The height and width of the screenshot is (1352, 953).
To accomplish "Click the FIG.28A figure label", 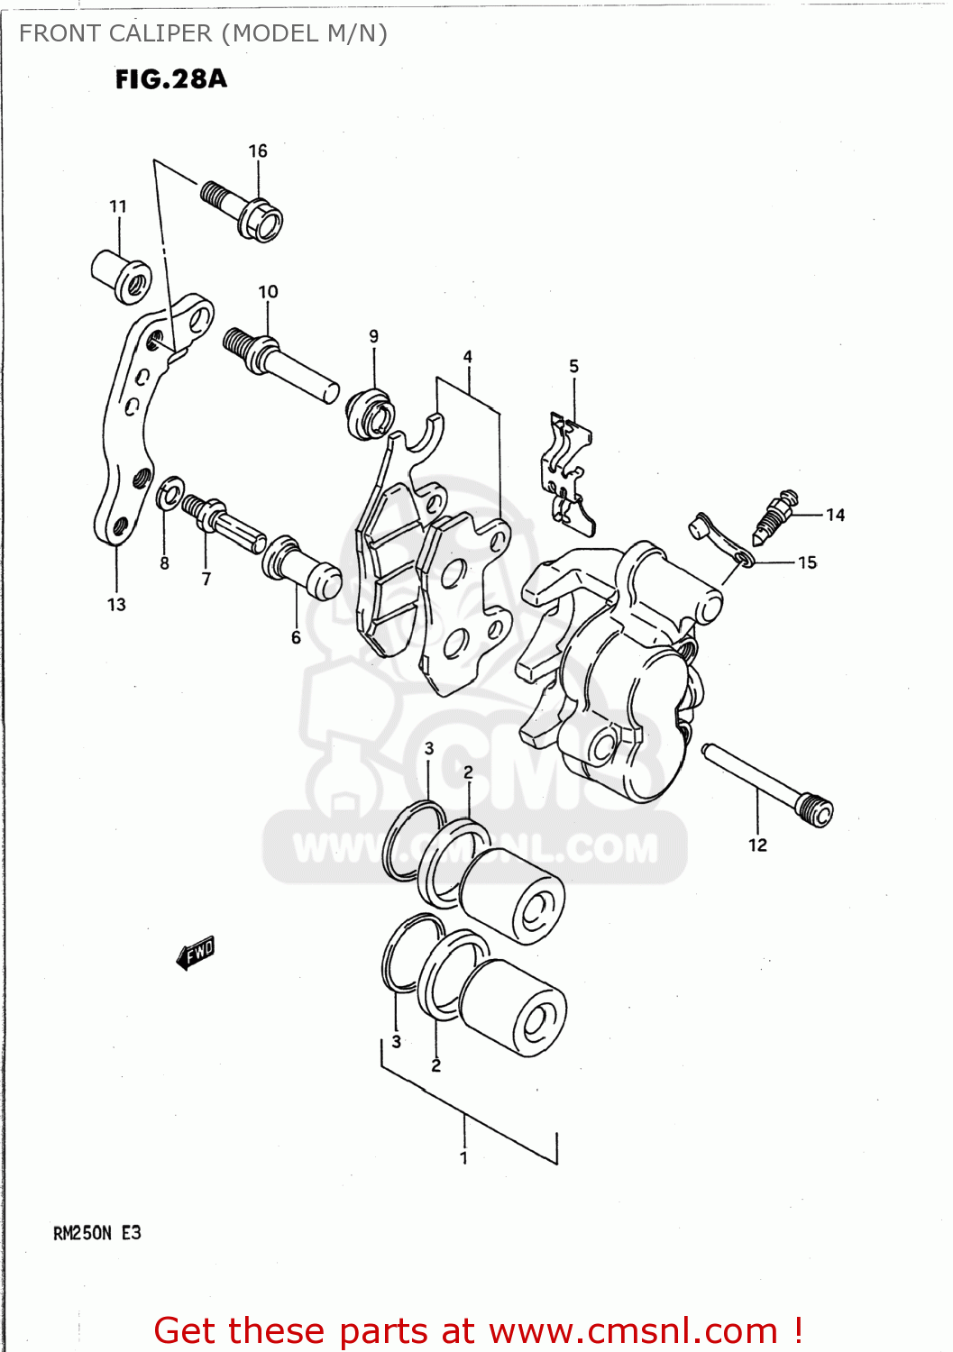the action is [171, 79].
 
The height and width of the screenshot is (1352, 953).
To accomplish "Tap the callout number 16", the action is [258, 151].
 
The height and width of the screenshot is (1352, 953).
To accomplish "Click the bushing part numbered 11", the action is [121, 274].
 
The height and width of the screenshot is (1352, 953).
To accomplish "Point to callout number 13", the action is [117, 604].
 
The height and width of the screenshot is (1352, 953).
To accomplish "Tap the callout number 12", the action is [757, 845].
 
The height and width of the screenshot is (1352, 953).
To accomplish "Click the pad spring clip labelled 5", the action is [567, 469].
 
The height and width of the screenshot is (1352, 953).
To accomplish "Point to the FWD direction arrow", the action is [196, 952].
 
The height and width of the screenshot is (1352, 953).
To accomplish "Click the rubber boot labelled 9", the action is [370, 413].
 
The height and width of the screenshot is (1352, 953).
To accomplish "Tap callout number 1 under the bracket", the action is [463, 1157].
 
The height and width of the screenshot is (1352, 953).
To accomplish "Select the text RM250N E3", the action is [97, 1233].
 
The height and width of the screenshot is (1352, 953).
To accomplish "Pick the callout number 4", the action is [468, 357].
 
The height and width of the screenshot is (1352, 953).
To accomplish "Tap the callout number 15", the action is [807, 562].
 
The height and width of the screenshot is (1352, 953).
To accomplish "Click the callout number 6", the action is [296, 637].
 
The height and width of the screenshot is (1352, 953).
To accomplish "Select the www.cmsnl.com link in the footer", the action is [633, 1330].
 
